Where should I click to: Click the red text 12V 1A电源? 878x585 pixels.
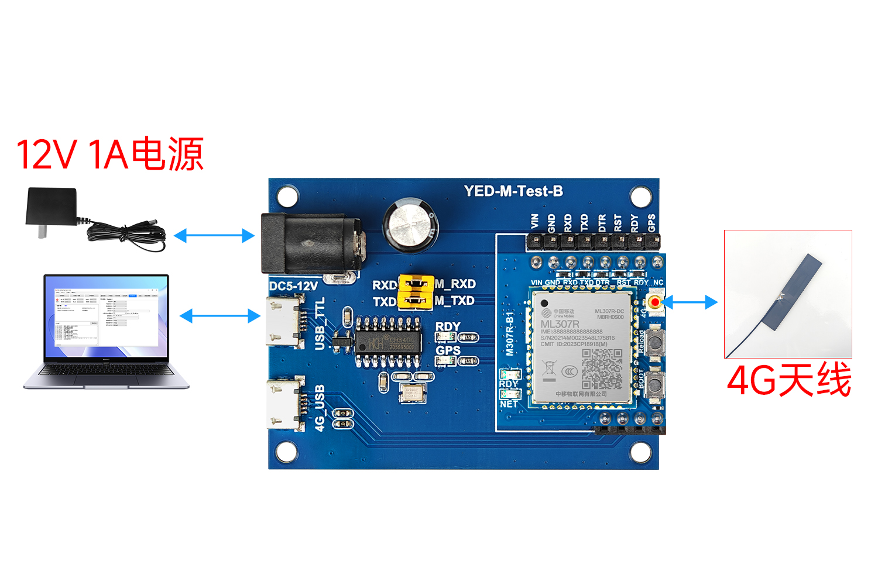110,154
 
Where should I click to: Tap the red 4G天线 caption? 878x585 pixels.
788,380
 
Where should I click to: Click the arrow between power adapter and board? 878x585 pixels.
214,236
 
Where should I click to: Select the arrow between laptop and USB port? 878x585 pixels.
220,316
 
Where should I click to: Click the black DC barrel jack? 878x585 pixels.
311,243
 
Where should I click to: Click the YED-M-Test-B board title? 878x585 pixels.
513,191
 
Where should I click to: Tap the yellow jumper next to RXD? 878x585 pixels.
416,284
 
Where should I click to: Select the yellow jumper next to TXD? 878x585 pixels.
416,301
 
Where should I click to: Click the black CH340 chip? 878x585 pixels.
387,343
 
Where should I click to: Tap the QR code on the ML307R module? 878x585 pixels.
602,369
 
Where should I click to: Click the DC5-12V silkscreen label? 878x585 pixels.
293,286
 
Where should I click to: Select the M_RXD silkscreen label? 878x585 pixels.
455,284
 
